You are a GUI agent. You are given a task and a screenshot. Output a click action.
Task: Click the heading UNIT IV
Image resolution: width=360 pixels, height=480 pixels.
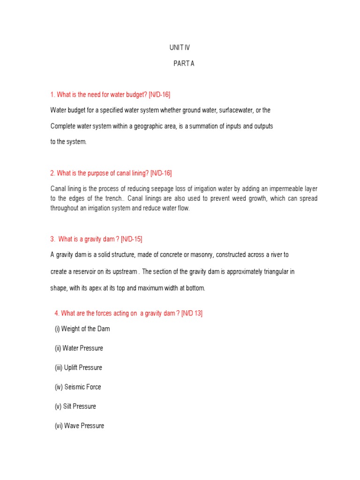[x=180, y=48]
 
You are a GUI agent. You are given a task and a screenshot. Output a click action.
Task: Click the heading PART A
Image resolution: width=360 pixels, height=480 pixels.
[x=184, y=64]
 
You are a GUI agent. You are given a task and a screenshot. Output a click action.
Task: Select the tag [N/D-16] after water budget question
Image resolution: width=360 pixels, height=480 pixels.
[x=159, y=95]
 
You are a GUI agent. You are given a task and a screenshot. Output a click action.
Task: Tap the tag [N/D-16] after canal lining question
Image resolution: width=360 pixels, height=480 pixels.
[x=161, y=173]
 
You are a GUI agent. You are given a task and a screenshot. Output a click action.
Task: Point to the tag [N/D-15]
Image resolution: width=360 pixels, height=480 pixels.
[x=131, y=239]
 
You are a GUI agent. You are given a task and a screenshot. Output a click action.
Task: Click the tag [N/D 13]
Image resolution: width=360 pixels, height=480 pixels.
[x=192, y=313]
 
